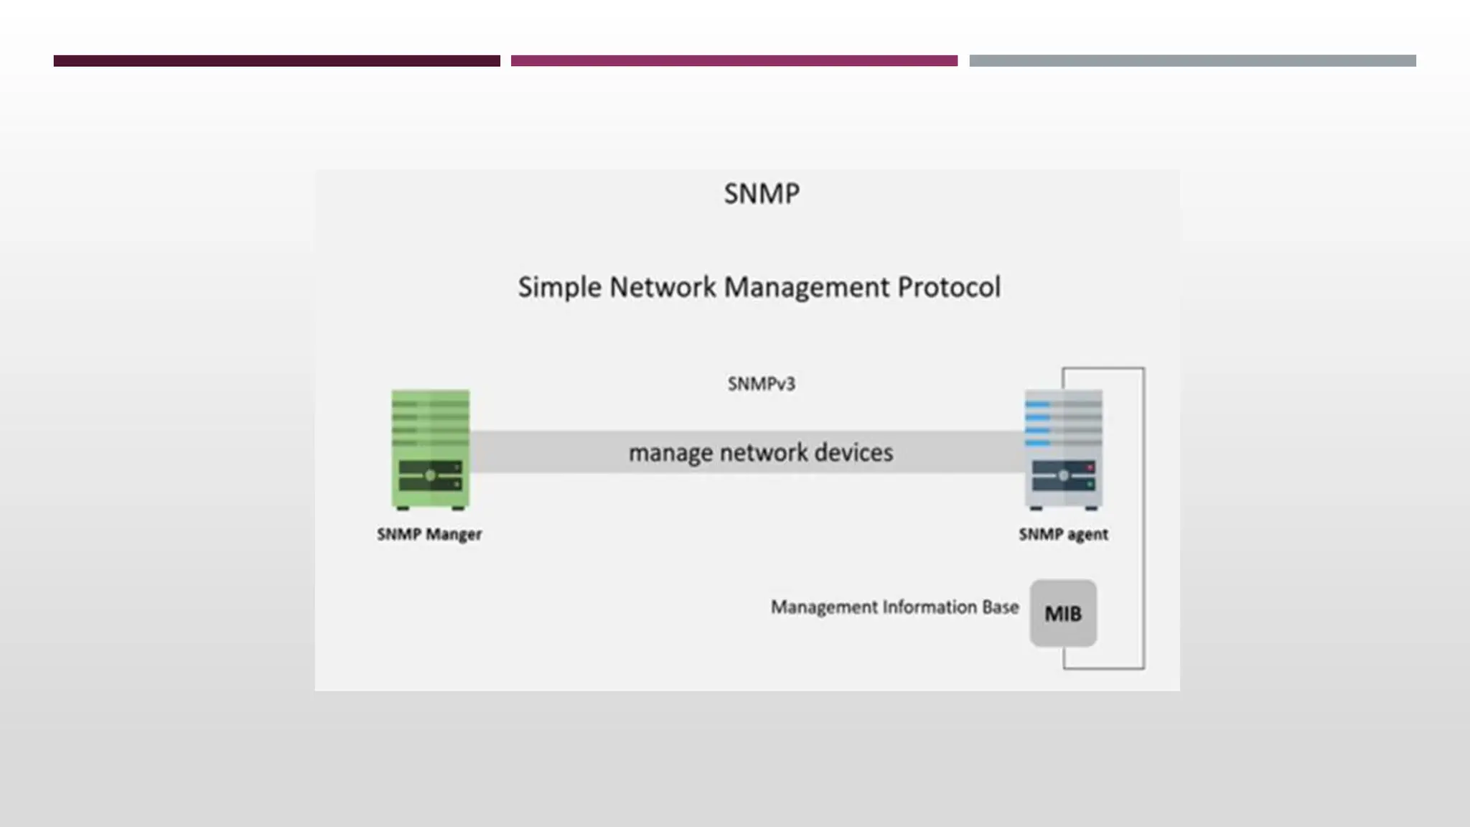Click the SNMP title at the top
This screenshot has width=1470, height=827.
(x=761, y=194)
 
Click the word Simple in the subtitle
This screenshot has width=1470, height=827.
(x=560, y=288)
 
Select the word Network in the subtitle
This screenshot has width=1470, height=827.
(x=663, y=287)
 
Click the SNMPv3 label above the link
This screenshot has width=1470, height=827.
(x=761, y=384)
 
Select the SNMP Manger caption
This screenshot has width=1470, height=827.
(x=429, y=535)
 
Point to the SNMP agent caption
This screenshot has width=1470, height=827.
(x=1063, y=535)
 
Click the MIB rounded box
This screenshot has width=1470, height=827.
(x=1063, y=614)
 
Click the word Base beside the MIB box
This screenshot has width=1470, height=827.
(x=1001, y=607)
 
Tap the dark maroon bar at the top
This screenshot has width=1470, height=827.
(x=276, y=61)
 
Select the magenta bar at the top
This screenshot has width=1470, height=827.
(x=734, y=61)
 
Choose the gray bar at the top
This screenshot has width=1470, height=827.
(x=1192, y=61)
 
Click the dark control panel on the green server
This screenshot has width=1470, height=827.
(x=430, y=476)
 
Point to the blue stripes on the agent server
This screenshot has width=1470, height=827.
(x=1038, y=424)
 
